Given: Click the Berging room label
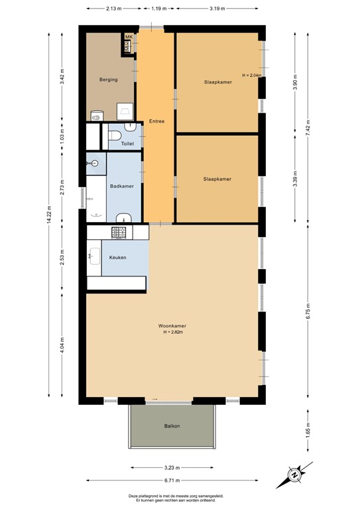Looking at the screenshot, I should point(109,80).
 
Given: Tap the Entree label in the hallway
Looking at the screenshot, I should point(156,121).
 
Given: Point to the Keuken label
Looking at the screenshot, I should point(118,257).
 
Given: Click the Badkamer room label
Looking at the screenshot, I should point(122,186).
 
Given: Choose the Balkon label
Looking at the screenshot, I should point(172,426).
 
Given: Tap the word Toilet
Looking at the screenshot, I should point(128,143).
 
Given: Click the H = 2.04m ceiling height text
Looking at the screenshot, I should point(252,76).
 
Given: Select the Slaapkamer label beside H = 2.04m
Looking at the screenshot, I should point(217,82).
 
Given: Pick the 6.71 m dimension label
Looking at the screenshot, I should point(174,481).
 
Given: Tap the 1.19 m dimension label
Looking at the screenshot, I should point(158,9).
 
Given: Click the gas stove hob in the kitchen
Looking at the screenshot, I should point(120,232).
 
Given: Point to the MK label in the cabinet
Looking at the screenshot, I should point(129,37).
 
